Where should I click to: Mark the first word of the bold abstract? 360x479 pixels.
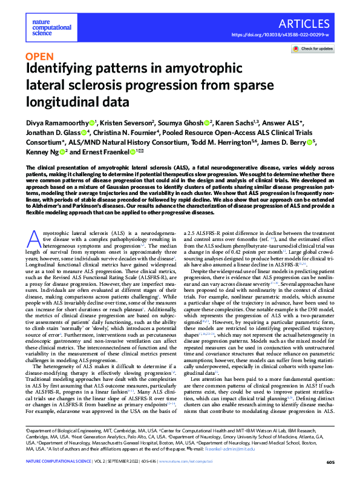[34, 167]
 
